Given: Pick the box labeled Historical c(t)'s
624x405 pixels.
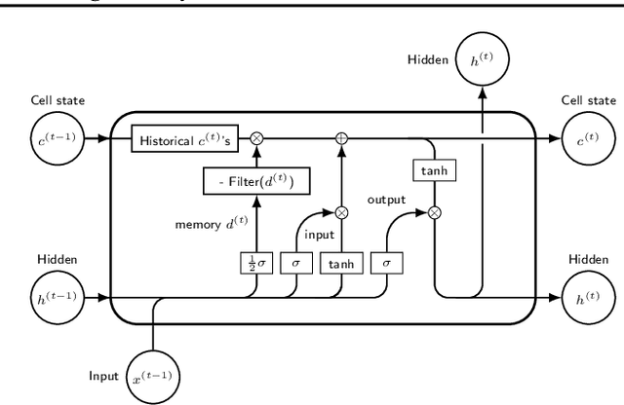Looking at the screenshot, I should [190, 138].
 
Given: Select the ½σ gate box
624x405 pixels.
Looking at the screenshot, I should [256, 262].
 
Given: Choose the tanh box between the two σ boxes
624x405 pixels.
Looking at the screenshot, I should [341, 262].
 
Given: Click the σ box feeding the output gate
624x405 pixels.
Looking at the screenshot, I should [386, 262].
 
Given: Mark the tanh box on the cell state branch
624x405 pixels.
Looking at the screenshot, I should [434, 171].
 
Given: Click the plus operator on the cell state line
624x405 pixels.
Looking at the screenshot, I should [341, 138].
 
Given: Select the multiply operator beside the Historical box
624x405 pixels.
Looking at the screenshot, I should [257, 138].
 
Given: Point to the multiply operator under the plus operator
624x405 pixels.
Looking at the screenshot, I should [341, 211].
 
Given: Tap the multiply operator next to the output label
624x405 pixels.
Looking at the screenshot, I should [434, 211].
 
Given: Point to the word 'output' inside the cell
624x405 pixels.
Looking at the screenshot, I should [387, 200].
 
